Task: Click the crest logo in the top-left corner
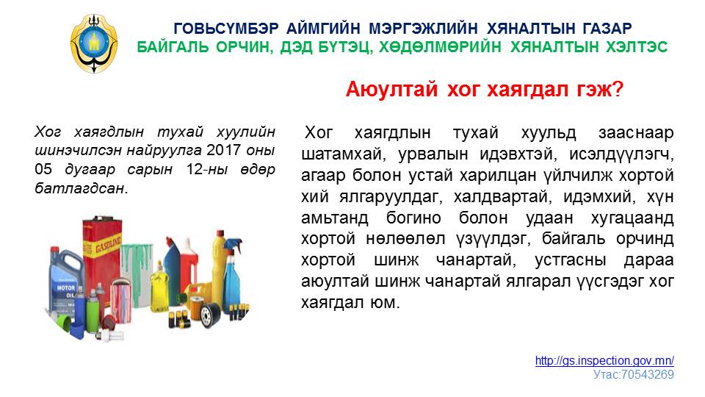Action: coord(94,43)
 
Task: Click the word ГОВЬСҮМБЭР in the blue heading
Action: coord(226,29)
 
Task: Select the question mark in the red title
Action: coord(618,89)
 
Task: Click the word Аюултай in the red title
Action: coord(391,89)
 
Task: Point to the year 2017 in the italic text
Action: coord(223,150)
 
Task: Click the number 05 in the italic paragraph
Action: coord(43,169)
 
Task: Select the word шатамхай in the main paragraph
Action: coord(341,154)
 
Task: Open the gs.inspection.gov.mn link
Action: coord(604,360)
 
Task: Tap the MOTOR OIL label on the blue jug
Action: coord(66,291)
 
